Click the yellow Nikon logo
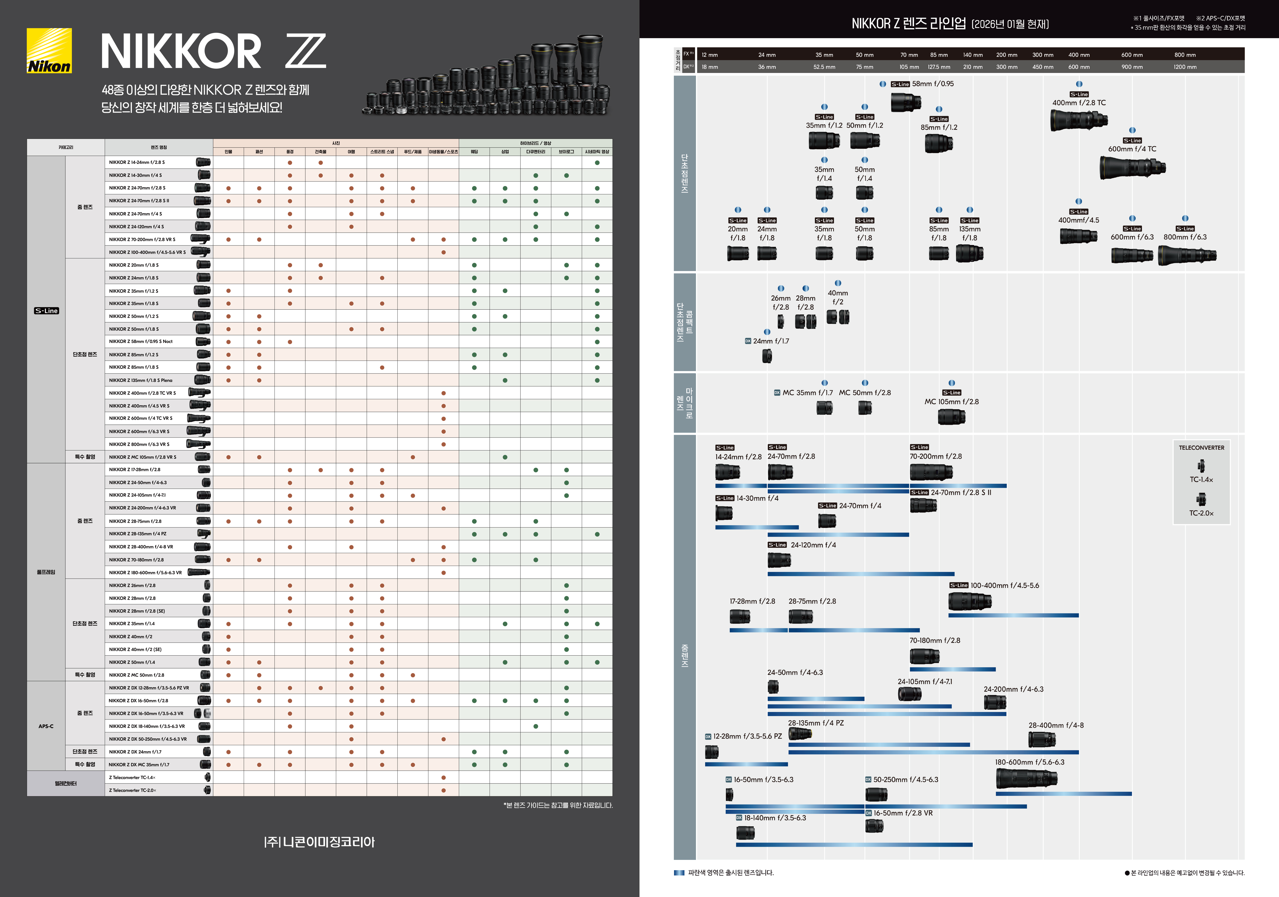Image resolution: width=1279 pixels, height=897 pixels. coord(49,51)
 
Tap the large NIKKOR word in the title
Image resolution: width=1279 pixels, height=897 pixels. coord(181,51)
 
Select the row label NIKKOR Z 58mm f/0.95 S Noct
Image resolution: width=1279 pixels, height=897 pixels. coord(141,341)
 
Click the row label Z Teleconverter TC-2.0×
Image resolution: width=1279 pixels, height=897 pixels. coord(133,790)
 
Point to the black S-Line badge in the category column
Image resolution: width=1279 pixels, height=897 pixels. coord(46,311)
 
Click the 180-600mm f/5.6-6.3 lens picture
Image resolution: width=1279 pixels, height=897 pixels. coord(1026,778)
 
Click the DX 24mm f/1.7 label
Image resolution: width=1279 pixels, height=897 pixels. coord(771,341)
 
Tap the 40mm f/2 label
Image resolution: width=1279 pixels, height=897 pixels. coord(838,298)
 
